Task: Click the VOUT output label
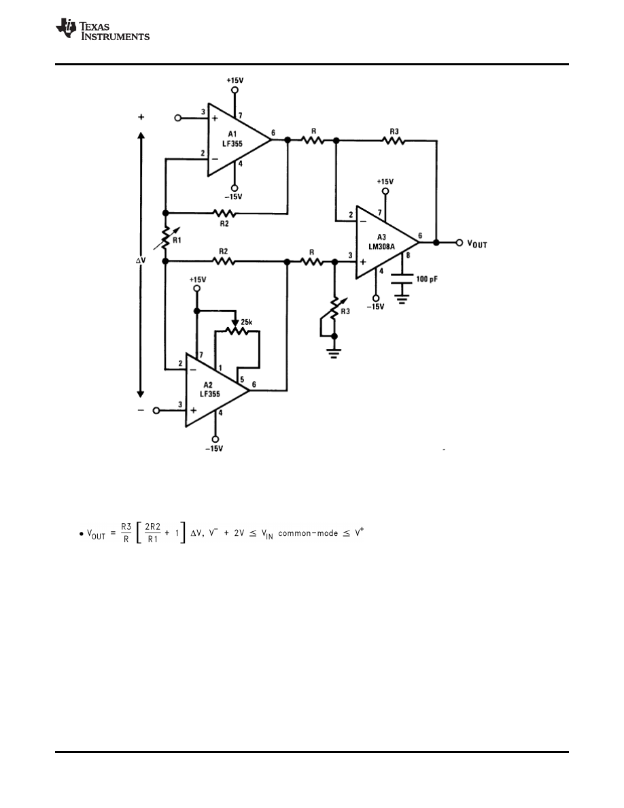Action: pyautogui.click(x=479, y=243)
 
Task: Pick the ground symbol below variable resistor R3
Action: pyautogui.click(x=333, y=354)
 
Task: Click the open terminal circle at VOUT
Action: pyautogui.click(x=460, y=242)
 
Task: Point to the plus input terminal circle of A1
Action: pyautogui.click(x=178, y=118)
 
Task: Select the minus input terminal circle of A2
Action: pyautogui.click(x=156, y=411)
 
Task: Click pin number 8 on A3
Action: pyautogui.click(x=407, y=256)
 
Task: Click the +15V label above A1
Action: pyautogui.click(x=235, y=80)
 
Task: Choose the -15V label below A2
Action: pyautogui.click(x=215, y=448)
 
